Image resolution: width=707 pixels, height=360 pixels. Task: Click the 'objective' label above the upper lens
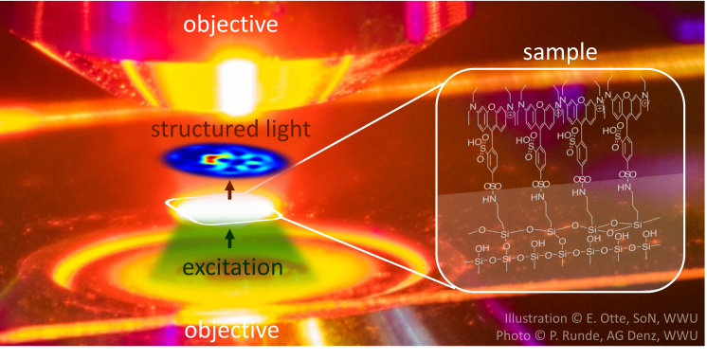point(231,20)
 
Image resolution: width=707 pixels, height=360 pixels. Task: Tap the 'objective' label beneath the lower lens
point(231,331)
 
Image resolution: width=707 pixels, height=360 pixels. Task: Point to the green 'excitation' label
point(232,268)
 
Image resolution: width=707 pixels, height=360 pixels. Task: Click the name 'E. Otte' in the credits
point(607,319)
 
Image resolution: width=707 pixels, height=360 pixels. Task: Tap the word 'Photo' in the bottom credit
point(516,336)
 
